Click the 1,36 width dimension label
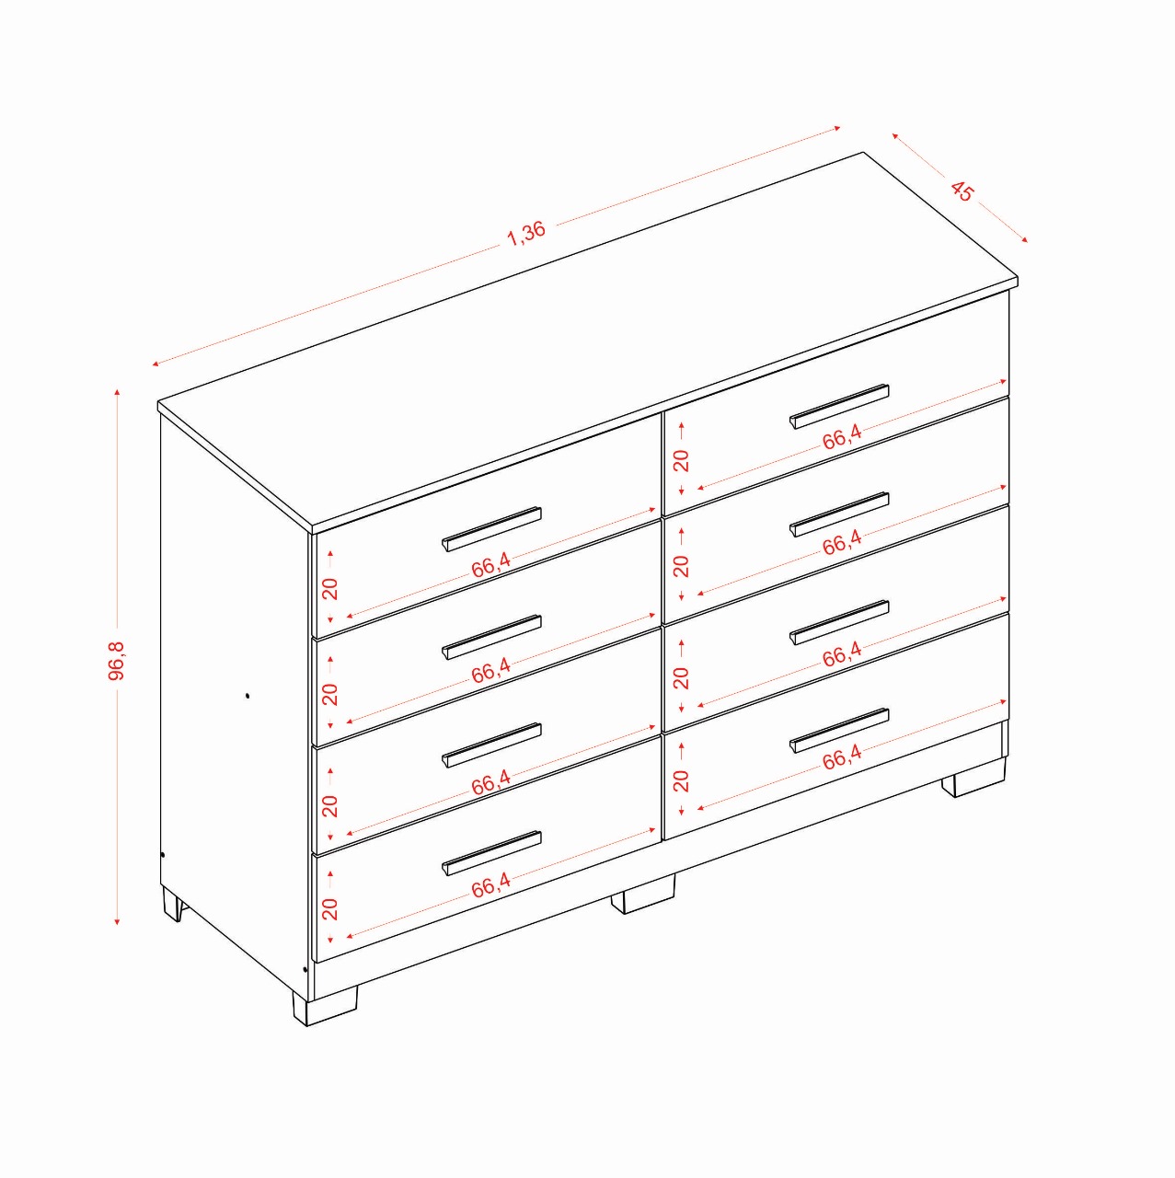(526, 233)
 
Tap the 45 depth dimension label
(962, 191)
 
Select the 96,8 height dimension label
(116, 661)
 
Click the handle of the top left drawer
(491, 529)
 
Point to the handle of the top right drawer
(839, 406)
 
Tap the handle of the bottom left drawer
(491, 853)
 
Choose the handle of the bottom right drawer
(839, 730)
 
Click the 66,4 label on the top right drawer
(842, 437)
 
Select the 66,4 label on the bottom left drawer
(491, 884)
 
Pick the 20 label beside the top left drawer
(330, 588)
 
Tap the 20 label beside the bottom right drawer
(681, 781)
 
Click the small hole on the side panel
(248, 696)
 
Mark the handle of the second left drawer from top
(491, 638)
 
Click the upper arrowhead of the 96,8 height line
(118, 391)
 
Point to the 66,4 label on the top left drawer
(491, 565)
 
